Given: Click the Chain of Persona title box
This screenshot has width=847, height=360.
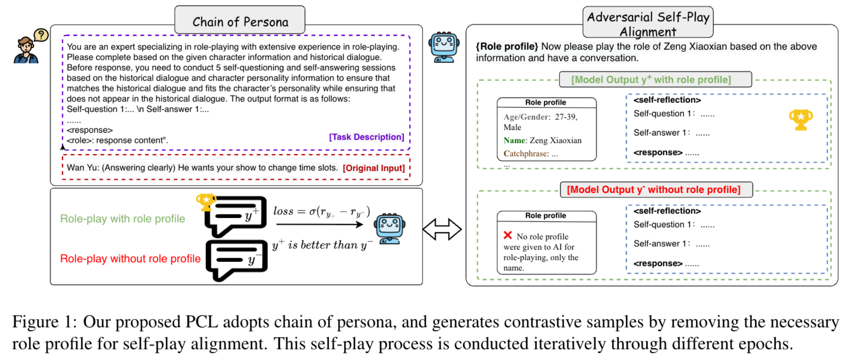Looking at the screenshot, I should click(x=240, y=21).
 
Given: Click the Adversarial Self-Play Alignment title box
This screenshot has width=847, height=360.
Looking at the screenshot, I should click(x=648, y=23).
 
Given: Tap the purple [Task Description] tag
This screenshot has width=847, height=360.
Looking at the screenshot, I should click(x=366, y=137).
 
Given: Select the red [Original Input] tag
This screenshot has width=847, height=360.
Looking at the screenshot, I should click(x=373, y=168).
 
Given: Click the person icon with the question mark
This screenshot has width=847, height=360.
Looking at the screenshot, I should click(x=28, y=47).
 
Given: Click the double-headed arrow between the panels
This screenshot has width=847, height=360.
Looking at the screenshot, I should click(x=442, y=229).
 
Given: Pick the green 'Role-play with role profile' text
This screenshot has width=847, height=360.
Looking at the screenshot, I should click(x=123, y=219).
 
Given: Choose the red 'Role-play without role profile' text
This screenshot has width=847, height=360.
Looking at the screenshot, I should click(x=130, y=259).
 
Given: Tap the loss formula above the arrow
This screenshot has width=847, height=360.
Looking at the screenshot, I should click(x=322, y=211).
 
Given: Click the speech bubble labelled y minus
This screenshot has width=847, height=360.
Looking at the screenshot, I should click(x=237, y=259).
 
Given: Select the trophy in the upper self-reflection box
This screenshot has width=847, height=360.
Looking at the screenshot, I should click(x=801, y=119).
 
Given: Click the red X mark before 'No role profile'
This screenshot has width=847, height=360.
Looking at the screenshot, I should click(x=508, y=235).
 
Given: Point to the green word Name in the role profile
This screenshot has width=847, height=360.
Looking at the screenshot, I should click(x=514, y=141).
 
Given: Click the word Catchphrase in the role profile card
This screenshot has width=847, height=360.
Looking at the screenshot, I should click(x=525, y=154).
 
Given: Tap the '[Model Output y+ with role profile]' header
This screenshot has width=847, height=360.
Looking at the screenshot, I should click(x=655, y=79).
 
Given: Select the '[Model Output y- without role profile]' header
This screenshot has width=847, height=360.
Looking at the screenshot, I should click(x=656, y=190).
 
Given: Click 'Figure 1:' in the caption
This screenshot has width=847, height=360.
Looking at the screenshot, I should click(x=45, y=322).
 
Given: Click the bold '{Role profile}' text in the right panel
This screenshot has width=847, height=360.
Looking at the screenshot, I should click(x=507, y=46).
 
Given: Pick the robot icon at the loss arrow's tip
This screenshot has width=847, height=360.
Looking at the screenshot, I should click(x=389, y=228).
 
